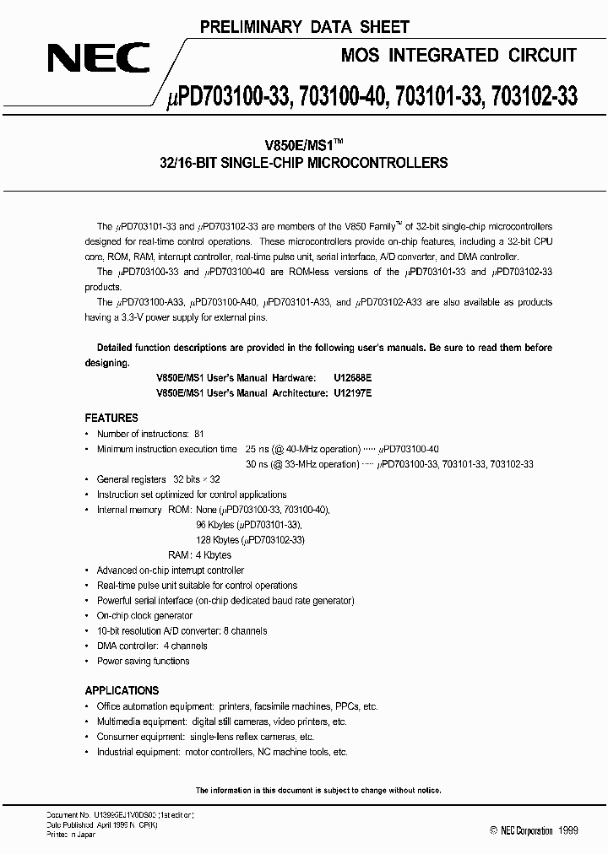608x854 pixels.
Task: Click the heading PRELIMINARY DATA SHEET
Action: click(304, 28)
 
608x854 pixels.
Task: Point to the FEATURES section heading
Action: click(111, 418)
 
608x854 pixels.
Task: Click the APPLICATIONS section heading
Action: click(122, 688)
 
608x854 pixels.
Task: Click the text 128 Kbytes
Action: click(217, 540)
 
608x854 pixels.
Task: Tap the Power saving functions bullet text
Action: click(143, 662)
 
